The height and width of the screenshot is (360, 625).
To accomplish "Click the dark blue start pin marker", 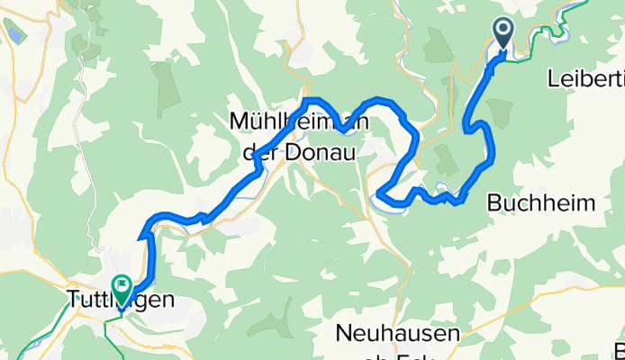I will point(503,36).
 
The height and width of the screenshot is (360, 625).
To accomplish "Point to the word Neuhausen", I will point(397,333).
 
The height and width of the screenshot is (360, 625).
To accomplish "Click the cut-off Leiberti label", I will point(585,79).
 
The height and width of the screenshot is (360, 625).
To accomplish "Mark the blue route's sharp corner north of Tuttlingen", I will point(141,238).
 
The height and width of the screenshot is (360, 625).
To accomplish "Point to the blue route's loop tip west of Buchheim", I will point(380,194).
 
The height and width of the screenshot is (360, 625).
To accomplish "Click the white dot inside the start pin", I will point(503,31).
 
